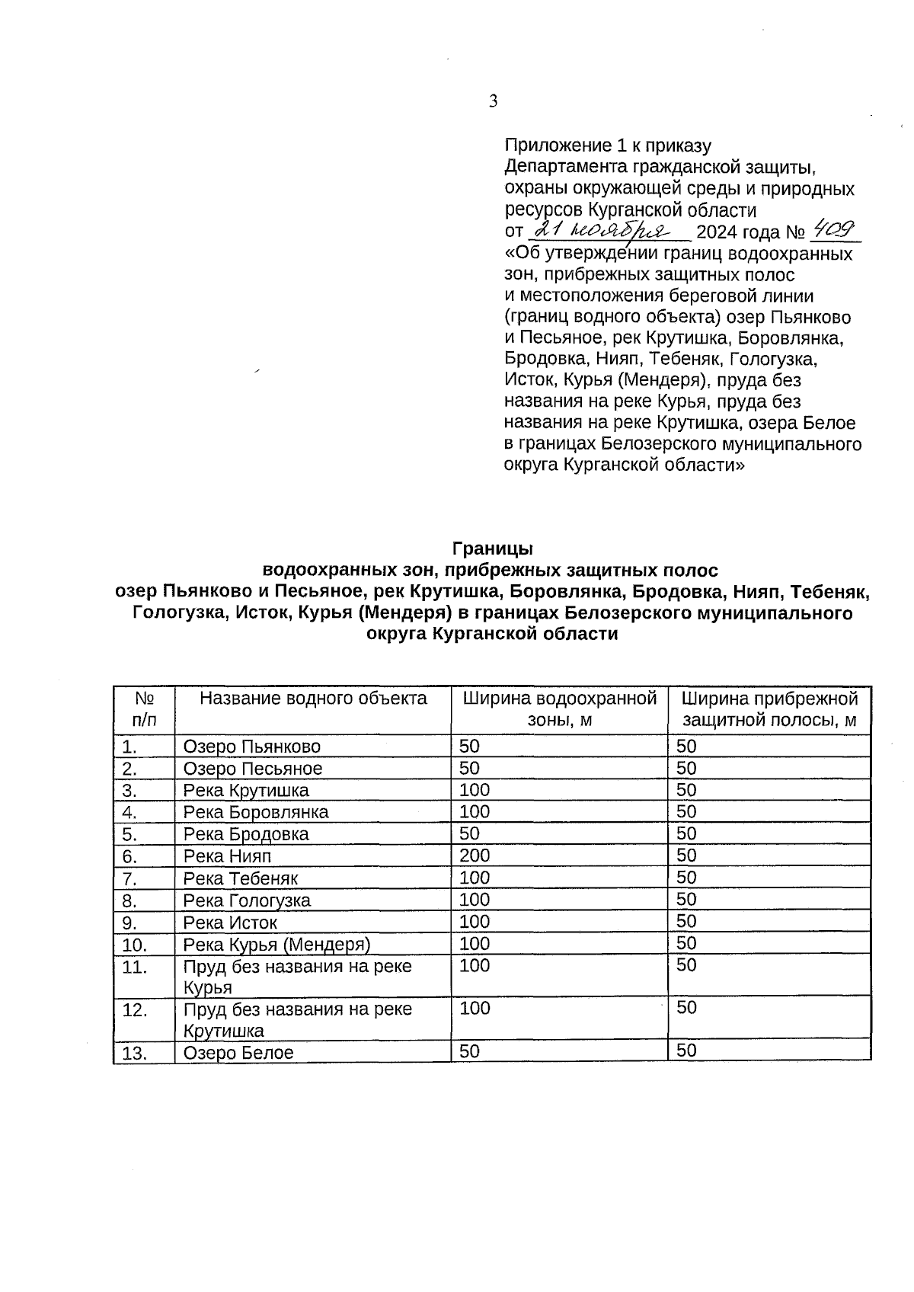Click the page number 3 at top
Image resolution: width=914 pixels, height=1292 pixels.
tap(494, 101)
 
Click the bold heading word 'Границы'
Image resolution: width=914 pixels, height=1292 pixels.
tap(492, 548)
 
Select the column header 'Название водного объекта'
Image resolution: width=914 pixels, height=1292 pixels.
tap(313, 699)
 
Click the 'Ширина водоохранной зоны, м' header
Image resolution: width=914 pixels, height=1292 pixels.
tap(559, 709)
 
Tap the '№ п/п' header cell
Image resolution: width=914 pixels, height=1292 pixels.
tap(144, 709)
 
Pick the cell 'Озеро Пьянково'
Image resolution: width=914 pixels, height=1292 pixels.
tap(252, 747)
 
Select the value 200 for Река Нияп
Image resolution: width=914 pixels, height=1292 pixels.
tap(475, 855)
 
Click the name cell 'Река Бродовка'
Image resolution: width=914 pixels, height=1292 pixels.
tap(246, 834)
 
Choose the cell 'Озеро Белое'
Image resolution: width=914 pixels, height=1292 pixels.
tap(238, 1054)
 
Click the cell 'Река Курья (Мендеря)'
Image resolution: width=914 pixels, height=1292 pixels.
tap(276, 945)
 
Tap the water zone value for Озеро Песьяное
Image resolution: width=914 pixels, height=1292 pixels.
tap(469, 768)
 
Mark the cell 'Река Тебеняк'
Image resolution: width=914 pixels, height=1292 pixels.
tap(241, 878)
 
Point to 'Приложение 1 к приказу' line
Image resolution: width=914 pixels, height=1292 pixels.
tap(607, 146)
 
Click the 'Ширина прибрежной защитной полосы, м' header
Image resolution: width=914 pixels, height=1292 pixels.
tap(769, 709)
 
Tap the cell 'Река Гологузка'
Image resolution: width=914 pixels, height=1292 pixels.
tap(247, 900)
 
